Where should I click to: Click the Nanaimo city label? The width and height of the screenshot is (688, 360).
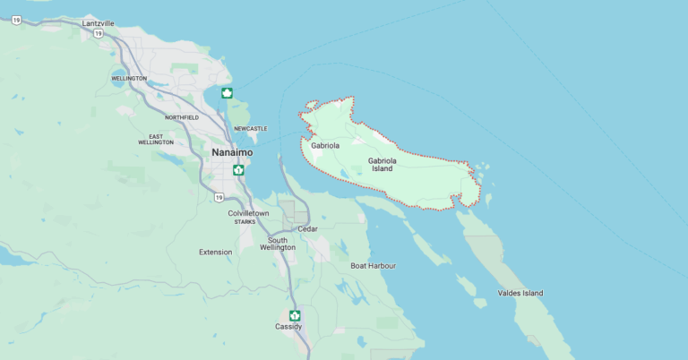click(232, 152)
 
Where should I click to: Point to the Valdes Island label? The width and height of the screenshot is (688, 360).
click(520, 293)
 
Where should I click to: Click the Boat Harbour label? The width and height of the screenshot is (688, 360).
click(373, 266)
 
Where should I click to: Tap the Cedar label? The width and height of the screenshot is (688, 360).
click(307, 228)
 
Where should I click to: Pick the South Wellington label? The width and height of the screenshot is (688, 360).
click(278, 244)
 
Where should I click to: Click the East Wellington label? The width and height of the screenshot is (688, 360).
click(156, 139)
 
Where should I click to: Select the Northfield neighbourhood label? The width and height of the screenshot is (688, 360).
click(183, 117)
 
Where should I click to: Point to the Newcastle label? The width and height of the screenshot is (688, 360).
click(250, 129)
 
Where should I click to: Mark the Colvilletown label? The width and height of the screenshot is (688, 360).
click(248, 213)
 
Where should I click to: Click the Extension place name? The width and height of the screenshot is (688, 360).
click(215, 252)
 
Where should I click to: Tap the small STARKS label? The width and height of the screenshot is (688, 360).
click(245, 222)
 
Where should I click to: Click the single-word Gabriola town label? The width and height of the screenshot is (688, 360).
click(325, 145)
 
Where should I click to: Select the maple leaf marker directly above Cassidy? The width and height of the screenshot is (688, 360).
click(294, 314)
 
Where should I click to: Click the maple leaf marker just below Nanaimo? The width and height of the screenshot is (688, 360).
click(238, 169)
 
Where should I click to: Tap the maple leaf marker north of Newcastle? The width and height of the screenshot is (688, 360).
click(228, 93)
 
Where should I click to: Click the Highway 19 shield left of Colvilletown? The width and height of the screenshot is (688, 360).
click(219, 197)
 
